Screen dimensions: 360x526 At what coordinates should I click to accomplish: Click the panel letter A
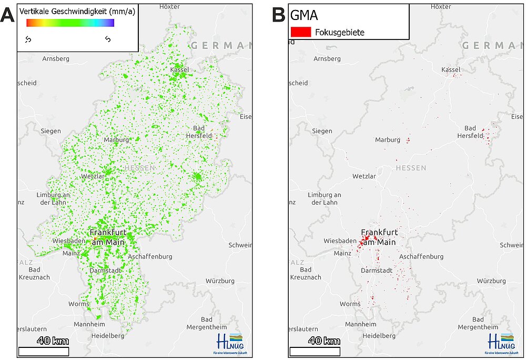pyautogui.click(x=8, y=14)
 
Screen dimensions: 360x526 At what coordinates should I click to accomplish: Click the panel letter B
pyautogui.click(x=279, y=14)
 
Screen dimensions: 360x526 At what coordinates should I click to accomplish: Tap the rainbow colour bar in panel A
pyautogui.click(x=70, y=23)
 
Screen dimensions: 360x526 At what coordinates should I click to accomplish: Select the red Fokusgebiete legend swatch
pyautogui.click(x=300, y=32)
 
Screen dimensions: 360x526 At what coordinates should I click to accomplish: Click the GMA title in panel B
pyautogui.click(x=304, y=16)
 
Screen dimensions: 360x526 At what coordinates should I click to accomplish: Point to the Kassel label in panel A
pyautogui.click(x=180, y=69)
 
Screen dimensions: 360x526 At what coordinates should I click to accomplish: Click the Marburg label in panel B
pyautogui.click(x=388, y=140)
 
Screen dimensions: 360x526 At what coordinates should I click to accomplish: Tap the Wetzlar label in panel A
pyautogui.click(x=93, y=176)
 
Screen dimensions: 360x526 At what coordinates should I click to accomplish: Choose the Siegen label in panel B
pyautogui.click(x=322, y=131)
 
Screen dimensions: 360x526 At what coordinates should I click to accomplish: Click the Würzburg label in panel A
pyautogui.click(x=220, y=281)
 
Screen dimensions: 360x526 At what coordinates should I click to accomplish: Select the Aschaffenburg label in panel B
pyautogui.click(x=421, y=257)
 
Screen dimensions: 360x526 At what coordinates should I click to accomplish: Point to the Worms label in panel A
pyautogui.click(x=79, y=304)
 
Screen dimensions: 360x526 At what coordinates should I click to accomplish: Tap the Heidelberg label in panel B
pyautogui.click(x=379, y=336)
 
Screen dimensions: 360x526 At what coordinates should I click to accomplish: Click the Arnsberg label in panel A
pyautogui.click(x=56, y=59)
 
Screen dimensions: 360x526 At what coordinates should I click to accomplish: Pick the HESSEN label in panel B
pyautogui.click(x=411, y=168)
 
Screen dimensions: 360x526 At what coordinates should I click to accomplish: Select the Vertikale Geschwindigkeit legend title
pyautogui.click(x=77, y=11)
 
